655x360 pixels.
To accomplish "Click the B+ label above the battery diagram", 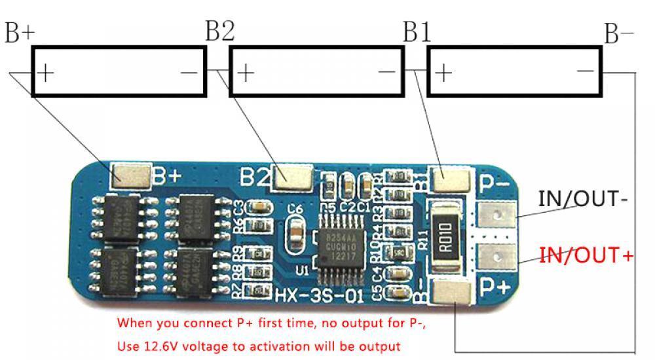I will click(20, 33).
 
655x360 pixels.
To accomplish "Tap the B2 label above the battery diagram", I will click(219, 31).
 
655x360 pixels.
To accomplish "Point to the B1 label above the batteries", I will click(417, 31).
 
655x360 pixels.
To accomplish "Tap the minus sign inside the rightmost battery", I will click(585, 71).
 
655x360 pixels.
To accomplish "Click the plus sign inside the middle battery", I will click(244, 71).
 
